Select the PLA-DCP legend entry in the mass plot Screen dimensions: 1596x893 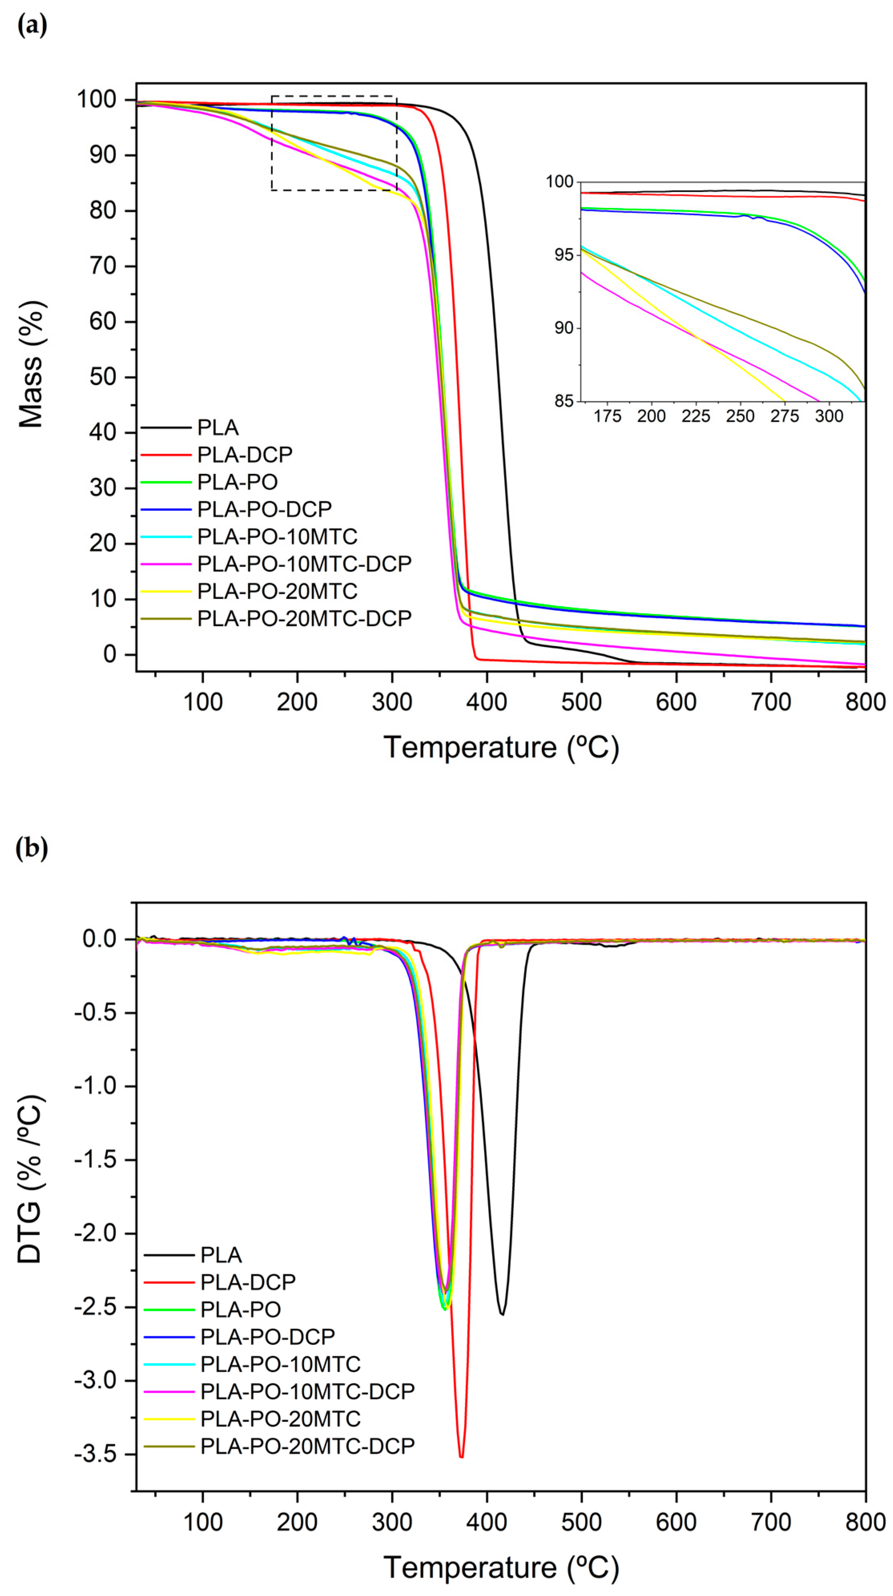point(244,455)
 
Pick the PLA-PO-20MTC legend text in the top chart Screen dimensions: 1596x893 point(277,591)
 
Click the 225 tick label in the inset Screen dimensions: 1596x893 point(696,416)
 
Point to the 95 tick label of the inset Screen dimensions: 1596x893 point(563,255)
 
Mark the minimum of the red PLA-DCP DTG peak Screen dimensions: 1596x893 point(461,1456)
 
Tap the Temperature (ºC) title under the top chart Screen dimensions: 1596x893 point(501,747)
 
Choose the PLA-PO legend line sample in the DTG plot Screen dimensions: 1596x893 point(169,1309)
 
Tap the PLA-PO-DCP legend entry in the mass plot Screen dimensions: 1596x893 point(264,509)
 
